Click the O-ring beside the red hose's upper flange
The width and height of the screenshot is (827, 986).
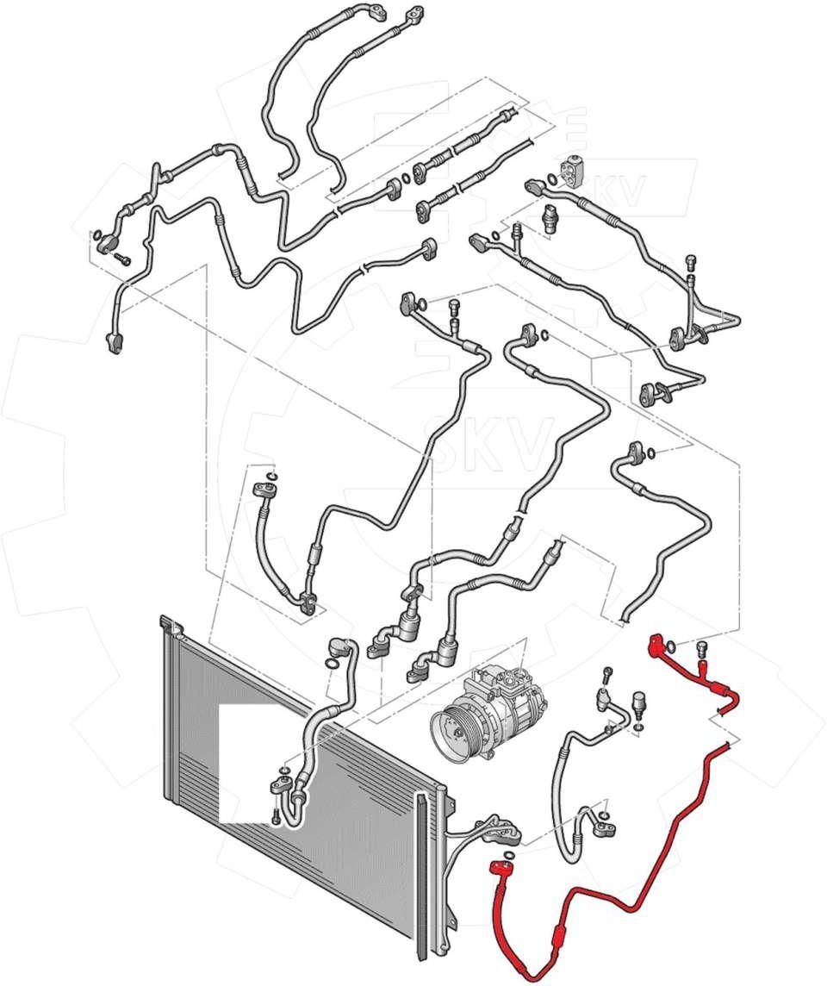(x=671, y=646)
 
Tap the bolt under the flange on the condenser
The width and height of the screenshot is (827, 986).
(x=274, y=818)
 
